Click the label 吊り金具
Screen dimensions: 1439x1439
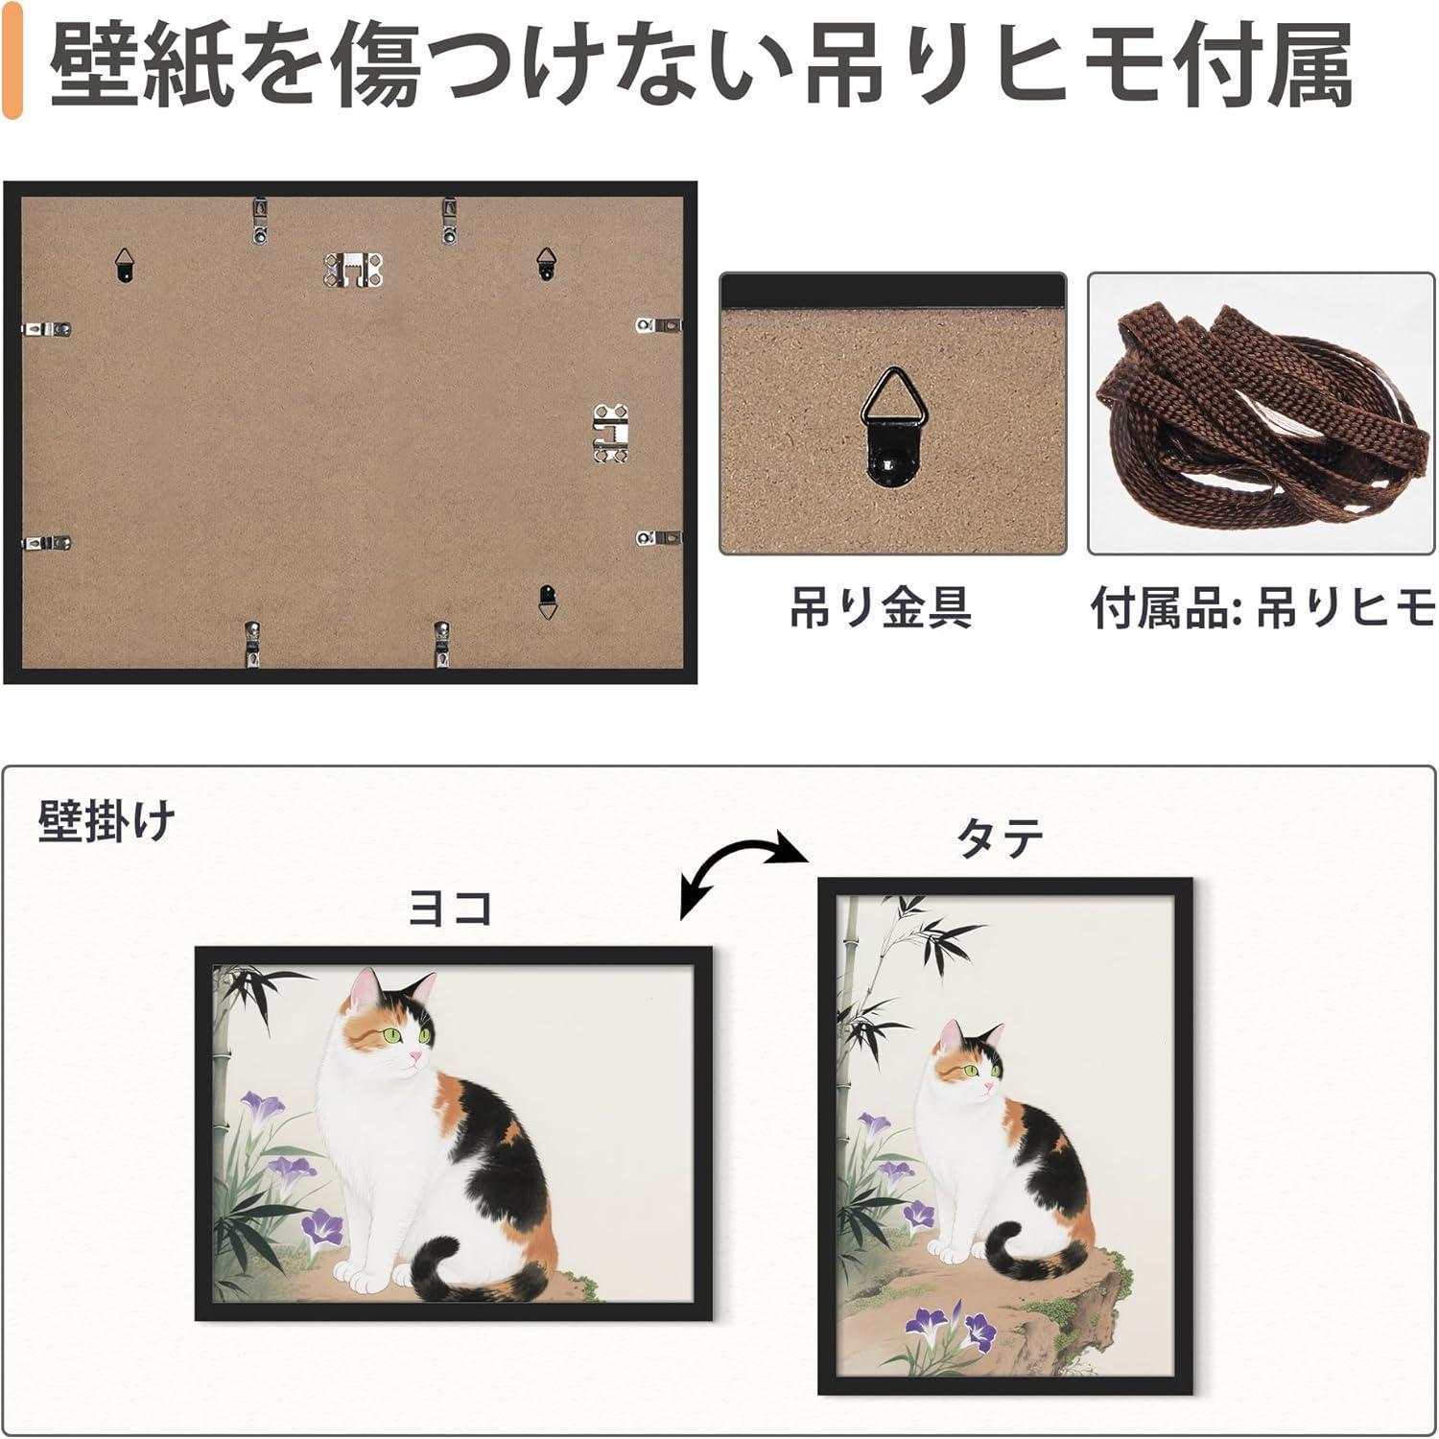(881, 607)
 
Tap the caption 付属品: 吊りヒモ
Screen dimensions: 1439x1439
(1262, 607)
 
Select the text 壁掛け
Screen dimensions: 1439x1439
(106, 821)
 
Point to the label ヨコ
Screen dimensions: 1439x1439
(450, 908)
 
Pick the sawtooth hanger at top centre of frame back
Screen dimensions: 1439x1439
(352, 270)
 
